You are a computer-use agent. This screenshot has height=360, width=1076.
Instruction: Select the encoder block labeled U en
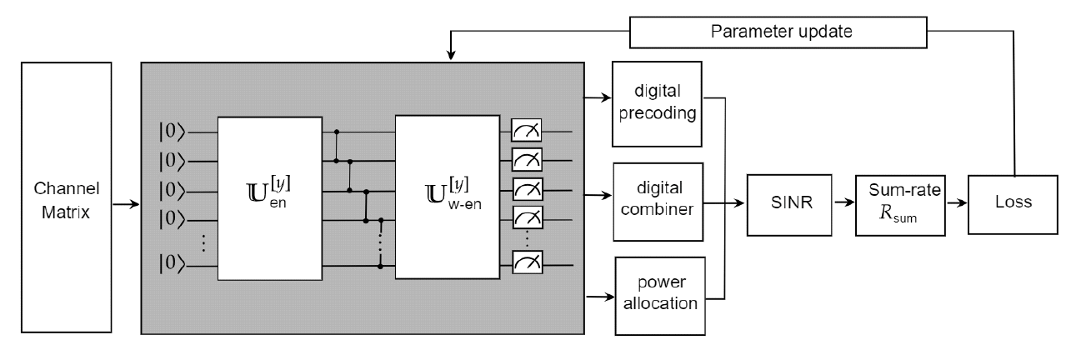click(269, 199)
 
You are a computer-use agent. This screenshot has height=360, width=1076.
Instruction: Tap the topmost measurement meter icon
click(526, 130)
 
